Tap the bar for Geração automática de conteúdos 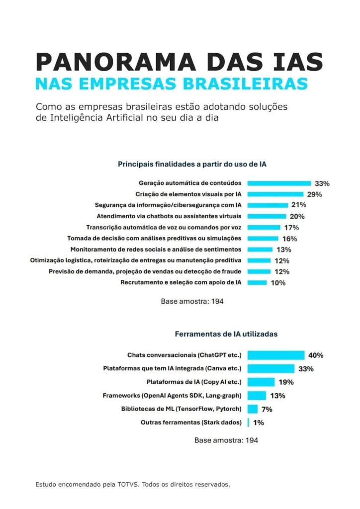click(279, 183)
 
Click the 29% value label click(315, 194)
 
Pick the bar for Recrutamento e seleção click(257, 282)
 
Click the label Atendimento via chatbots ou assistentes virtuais click(169, 216)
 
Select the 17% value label click(292, 227)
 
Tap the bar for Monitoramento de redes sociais click(260, 249)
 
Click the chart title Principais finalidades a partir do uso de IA click(192, 163)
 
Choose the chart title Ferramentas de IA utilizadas click(226, 334)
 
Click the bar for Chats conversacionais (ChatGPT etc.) click(276, 355)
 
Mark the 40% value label click(316, 355)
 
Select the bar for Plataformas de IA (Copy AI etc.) click(261, 382)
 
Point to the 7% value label click(267, 409)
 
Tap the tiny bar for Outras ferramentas click(248, 423)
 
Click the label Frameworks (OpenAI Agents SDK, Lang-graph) click(173, 396)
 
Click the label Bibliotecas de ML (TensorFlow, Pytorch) click(181, 409)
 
